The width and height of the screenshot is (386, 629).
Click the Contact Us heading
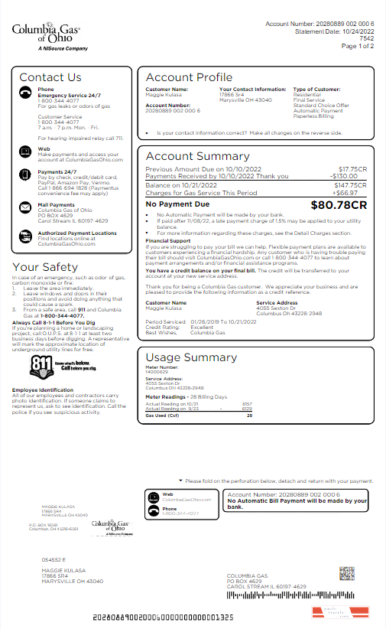coord(50,77)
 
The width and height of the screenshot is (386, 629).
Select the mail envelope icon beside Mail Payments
coord(25,205)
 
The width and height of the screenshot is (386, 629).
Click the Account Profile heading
coord(189,77)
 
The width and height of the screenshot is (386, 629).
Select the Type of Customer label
coord(316,90)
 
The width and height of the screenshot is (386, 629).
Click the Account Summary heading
coord(197,156)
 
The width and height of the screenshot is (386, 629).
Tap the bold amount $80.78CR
coord(339,205)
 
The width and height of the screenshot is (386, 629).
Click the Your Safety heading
coord(46,267)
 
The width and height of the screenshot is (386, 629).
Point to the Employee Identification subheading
coord(46,389)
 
